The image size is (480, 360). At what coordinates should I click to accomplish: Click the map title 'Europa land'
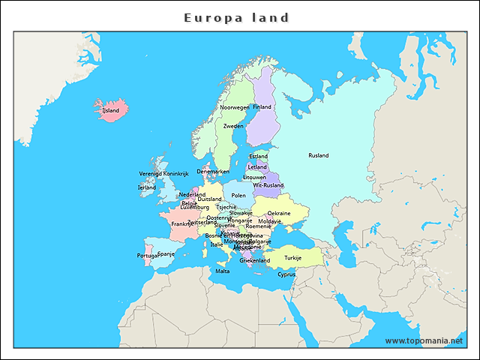[x=236, y=17]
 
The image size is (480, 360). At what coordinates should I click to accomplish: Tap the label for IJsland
[x=110, y=110]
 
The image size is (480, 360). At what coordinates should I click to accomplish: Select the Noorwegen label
[x=234, y=107]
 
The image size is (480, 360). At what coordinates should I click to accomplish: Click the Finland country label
[x=262, y=107]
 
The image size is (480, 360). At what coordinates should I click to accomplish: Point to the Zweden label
[x=233, y=126]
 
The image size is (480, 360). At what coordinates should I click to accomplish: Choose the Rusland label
[x=318, y=155]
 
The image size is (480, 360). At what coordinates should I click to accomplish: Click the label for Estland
[x=258, y=157]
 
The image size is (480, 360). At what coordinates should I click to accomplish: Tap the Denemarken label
[x=213, y=172]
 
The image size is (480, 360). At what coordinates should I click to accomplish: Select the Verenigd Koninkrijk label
[x=163, y=174]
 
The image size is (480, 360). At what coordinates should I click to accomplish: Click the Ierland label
[x=147, y=187]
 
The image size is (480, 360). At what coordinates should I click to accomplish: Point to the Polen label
[x=238, y=196]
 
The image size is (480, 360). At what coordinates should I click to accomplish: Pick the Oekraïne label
[x=279, y=213]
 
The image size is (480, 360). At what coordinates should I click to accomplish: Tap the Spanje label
[x=166, y=253]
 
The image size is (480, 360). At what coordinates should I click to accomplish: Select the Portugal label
[x=148, y=256]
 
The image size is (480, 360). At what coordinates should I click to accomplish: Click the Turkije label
[x=292, y=257]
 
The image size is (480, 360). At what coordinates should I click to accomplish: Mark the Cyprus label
[x=286, y=274]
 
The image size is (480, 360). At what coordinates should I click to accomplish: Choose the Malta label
[x=223, y=271]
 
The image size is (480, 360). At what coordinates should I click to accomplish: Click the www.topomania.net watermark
[x=424, y=340]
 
